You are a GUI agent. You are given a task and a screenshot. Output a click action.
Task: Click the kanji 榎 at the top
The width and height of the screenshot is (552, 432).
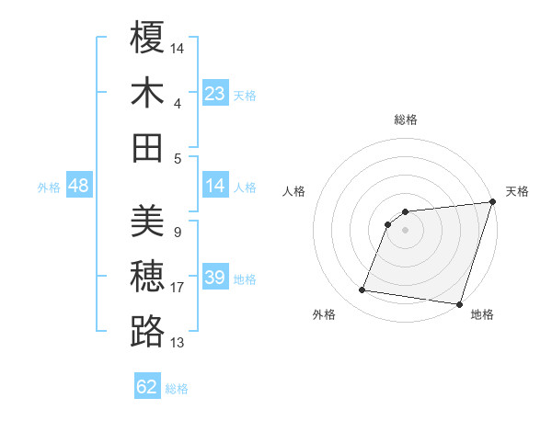pyautogui.click(x=147, y=38)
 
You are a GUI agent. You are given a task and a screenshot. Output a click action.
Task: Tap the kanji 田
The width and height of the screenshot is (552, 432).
pyautogui.click(x=147, y=147)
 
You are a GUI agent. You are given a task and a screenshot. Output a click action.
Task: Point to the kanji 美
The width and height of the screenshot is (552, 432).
pyautogui.click(x=147, y=222)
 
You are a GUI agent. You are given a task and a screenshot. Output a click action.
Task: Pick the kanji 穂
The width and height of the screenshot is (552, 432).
pyautogui.click(x=147, y=277)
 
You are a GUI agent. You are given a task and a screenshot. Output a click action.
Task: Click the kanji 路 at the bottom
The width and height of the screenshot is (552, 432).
pyautogui.click(x=147, y=332)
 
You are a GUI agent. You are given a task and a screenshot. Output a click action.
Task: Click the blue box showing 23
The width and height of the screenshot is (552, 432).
pyautogui.click(x=214, y=93)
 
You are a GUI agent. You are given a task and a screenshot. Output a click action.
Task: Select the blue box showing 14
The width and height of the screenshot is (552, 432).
pyautogui.click(x=214, y=186)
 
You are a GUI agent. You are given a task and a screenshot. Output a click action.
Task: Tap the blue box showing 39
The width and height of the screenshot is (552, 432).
pyautogui.click(x=214, y=278)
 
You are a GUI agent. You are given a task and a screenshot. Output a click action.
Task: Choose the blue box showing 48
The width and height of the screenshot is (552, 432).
pyautogui.click(x=78, y=186)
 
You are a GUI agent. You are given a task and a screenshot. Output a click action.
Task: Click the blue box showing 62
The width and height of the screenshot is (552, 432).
pyautogui.click(x=147, y=387)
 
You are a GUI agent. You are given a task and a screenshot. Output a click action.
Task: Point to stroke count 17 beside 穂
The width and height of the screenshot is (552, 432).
pyautogui.click(x=178, y=288)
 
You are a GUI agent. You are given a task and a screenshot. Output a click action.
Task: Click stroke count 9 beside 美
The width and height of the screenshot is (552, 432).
pyautogui.click(x=177, y=233)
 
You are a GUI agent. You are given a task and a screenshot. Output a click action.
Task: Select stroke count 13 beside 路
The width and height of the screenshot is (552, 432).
pyautogui.click(x=178, y=343)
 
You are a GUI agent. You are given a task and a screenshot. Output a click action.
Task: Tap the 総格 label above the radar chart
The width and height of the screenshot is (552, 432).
pyautogui.click(x=406, y=119)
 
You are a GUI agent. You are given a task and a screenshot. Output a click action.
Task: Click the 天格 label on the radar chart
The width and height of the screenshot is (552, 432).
pyautogui.click(x=517, y=191)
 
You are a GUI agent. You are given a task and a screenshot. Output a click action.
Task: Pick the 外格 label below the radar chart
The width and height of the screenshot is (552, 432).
pyautogui.click(x=324, y=314)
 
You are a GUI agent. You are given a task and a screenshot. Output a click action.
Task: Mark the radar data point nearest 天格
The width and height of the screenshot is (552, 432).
pyautogui.click(x=492, y=203)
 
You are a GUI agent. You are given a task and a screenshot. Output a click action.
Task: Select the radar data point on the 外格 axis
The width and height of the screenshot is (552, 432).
pyautogui.click(x=362, y=290)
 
